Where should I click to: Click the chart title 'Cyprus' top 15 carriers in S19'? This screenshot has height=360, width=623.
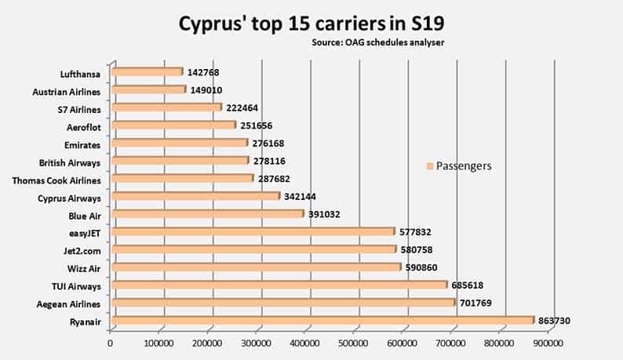[x=311, y=20]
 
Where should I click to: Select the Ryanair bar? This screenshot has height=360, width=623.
[x=322, y=320]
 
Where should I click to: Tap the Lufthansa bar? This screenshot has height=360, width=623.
[x=147, y=72]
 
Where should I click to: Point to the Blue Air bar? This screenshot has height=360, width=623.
[x=208, y=213]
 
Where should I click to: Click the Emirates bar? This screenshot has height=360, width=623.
[x=180, y=143]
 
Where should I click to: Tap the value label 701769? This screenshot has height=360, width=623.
[x=482, y=302]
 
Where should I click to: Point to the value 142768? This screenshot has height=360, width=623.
[x=208, y=72]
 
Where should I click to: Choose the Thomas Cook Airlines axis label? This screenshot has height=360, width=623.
[x=56, y=180]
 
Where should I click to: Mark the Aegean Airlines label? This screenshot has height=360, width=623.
[x=69, y=304]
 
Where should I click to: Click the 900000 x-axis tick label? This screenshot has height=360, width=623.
[x=548, y=342]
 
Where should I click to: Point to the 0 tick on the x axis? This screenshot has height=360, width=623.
[x=111, y=342]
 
